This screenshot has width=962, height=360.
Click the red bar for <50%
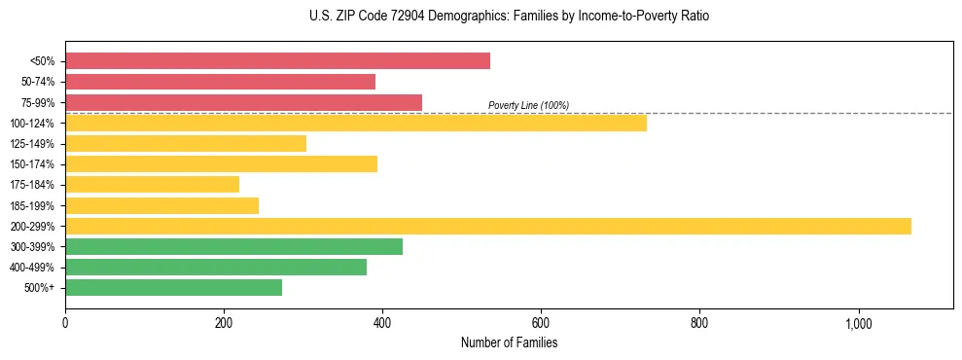coord(277,61)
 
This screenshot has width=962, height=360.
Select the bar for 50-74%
coord(220,82)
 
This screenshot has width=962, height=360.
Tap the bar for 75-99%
coord(243,102)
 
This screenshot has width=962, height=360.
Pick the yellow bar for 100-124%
coord(355,123)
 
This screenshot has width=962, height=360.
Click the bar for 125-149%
coord(186,144)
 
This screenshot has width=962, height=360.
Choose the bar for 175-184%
coord(152,185)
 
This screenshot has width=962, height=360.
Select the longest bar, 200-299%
coord(487,226)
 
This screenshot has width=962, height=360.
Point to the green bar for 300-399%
coord(233,247)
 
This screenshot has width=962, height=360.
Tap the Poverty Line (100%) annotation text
coord(528,105)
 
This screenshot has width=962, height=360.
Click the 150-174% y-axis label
coord(32,164)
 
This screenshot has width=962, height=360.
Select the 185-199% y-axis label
coord(32,205)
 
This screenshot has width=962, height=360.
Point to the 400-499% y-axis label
coord(32,268)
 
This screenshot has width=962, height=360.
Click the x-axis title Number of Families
coord(509,343)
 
